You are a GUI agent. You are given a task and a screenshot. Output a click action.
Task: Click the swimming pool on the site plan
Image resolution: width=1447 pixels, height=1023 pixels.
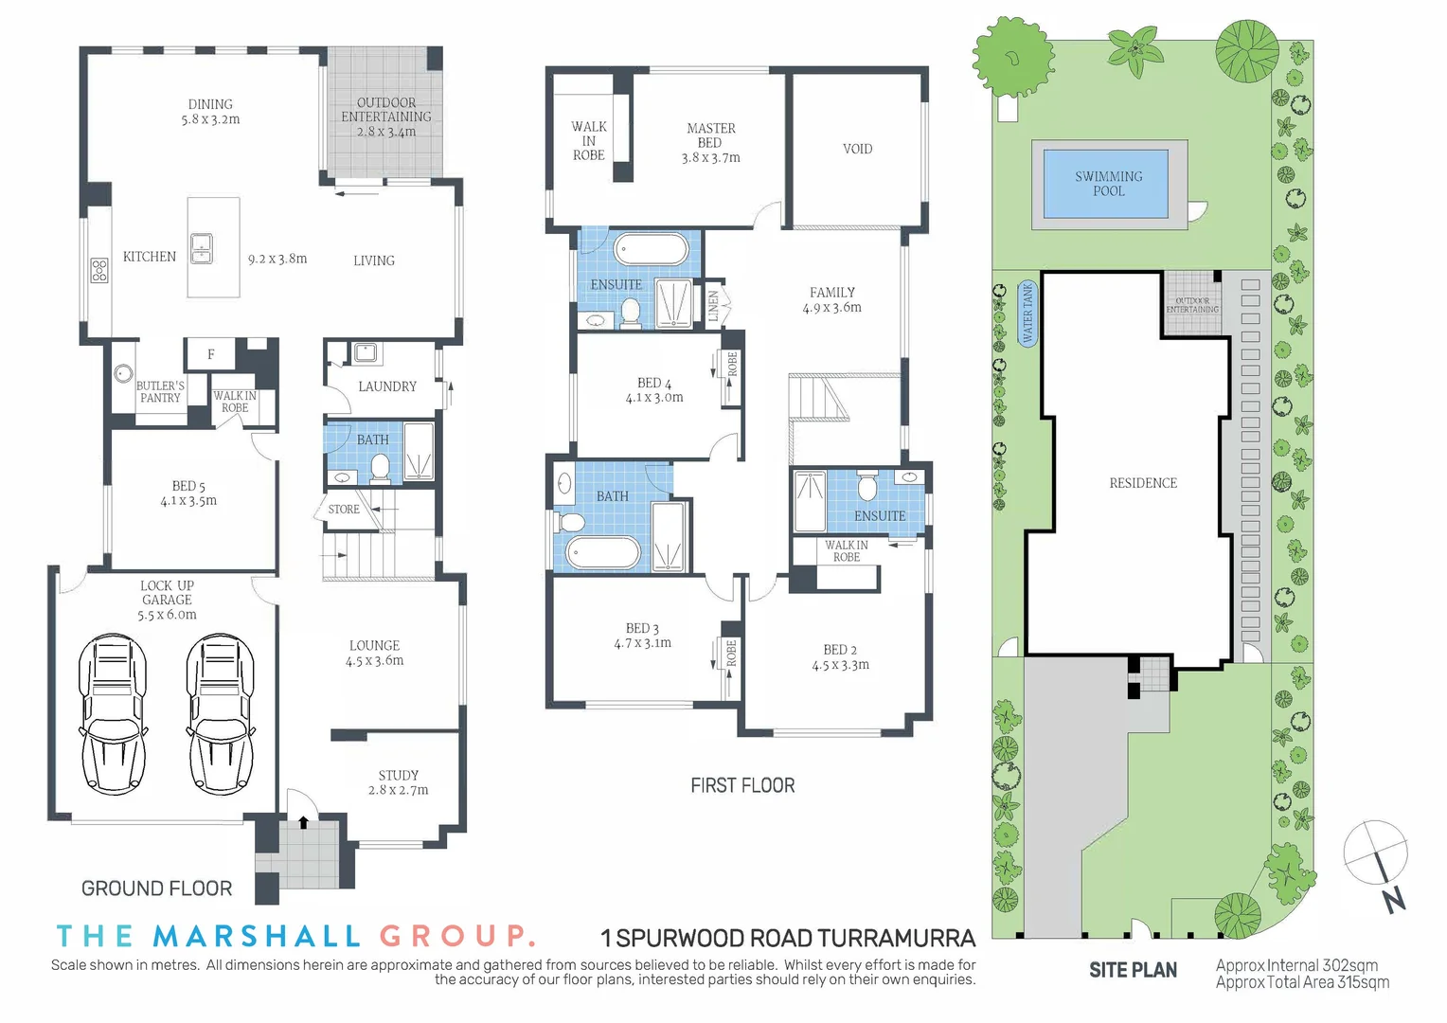[1107, 184]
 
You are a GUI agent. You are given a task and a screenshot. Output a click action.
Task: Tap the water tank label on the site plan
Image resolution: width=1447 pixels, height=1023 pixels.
[1027, 314]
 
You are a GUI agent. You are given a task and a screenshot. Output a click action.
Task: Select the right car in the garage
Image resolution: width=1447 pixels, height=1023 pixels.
[221, 714]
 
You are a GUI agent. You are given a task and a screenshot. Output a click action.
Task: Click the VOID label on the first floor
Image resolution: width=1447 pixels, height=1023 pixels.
[857, 149]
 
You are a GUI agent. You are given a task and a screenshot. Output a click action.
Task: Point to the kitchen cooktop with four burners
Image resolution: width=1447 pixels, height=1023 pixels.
[98, 271]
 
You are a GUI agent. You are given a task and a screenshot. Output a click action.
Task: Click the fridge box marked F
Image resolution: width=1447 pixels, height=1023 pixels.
[211, 354]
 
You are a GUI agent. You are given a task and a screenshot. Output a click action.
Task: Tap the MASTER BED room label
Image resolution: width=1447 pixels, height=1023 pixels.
[710, 142]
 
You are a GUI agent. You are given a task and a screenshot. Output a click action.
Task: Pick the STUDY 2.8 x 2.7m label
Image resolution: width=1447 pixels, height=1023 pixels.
[398, 782]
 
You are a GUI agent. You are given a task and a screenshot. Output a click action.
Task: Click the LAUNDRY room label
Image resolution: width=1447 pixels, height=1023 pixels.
[386, 386]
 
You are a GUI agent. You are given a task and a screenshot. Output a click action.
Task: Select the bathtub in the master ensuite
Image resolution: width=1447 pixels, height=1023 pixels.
[651, 250]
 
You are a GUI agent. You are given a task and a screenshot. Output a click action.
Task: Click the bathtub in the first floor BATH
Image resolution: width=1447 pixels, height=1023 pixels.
[603, 551]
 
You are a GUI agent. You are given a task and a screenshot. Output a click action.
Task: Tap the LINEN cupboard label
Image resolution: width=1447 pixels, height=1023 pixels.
[714, 305]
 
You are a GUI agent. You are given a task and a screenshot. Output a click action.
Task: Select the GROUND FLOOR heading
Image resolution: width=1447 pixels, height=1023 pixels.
[156, 888]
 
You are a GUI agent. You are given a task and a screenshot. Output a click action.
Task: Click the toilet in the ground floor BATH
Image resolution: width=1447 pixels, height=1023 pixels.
[380, 467]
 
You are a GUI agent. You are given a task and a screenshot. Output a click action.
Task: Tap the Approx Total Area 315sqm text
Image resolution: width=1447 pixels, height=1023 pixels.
[1302, 982]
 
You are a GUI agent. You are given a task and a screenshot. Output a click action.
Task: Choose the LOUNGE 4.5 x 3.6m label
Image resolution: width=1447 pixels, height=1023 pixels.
[374, 653]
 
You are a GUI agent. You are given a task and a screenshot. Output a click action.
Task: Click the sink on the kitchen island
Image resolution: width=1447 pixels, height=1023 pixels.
[202, 248]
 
